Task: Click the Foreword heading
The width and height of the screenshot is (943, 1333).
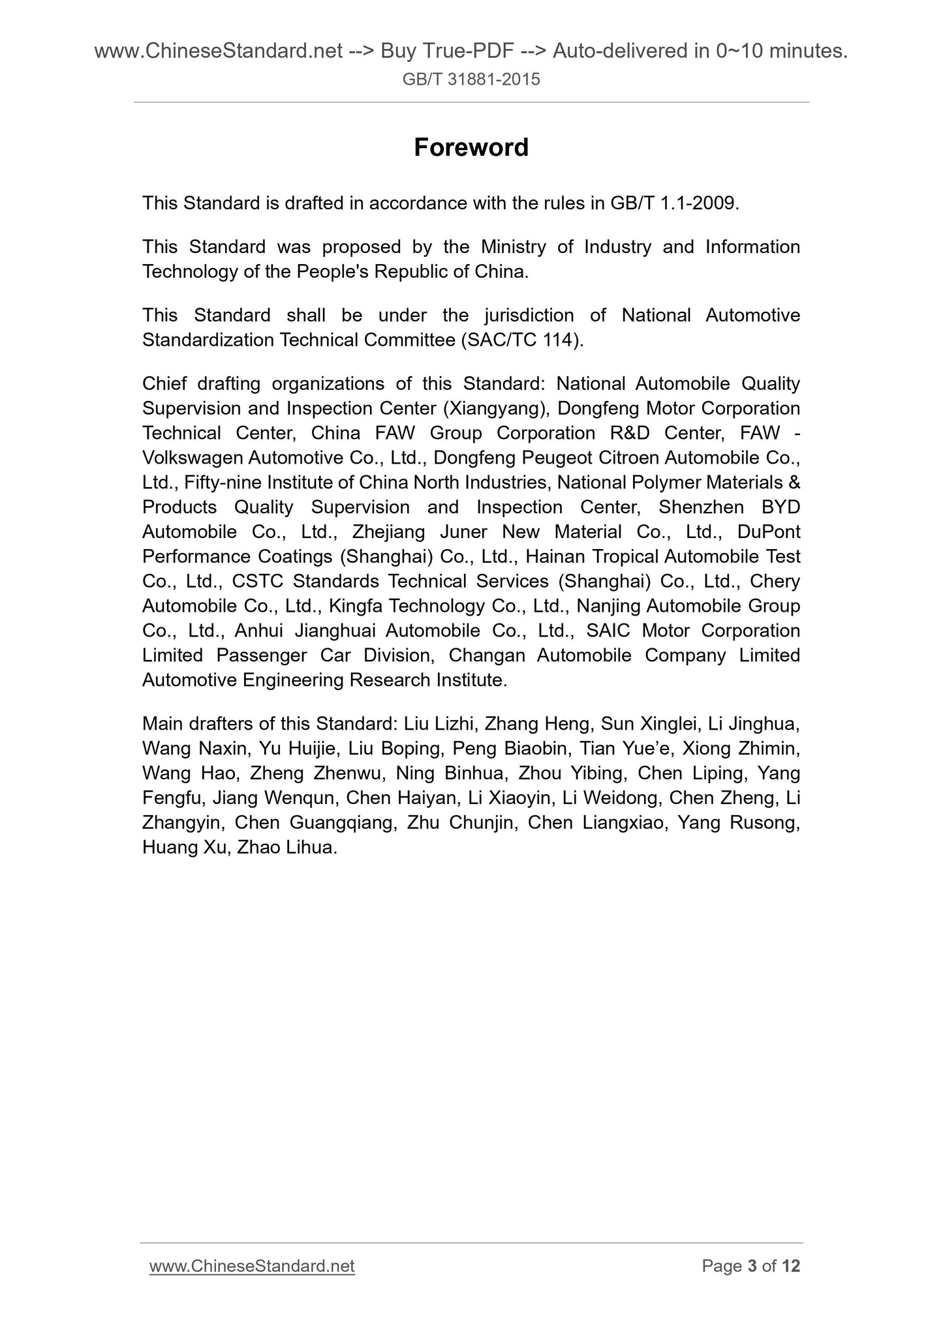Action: coord(471,147)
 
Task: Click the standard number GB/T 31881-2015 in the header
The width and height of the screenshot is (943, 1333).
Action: coord(471,80)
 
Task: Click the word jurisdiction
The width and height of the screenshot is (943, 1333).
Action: coord(529,316)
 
